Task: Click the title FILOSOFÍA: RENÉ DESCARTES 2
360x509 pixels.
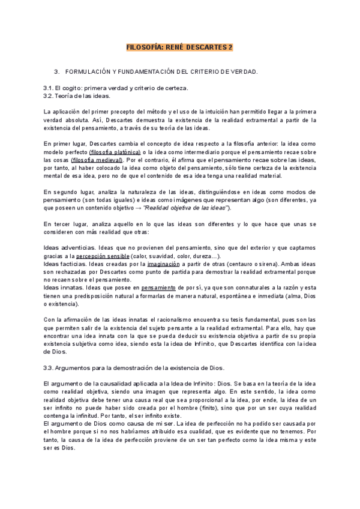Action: (179, 46)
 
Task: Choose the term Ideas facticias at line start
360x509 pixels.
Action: (64, 264)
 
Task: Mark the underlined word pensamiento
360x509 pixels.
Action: (158, 288)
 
